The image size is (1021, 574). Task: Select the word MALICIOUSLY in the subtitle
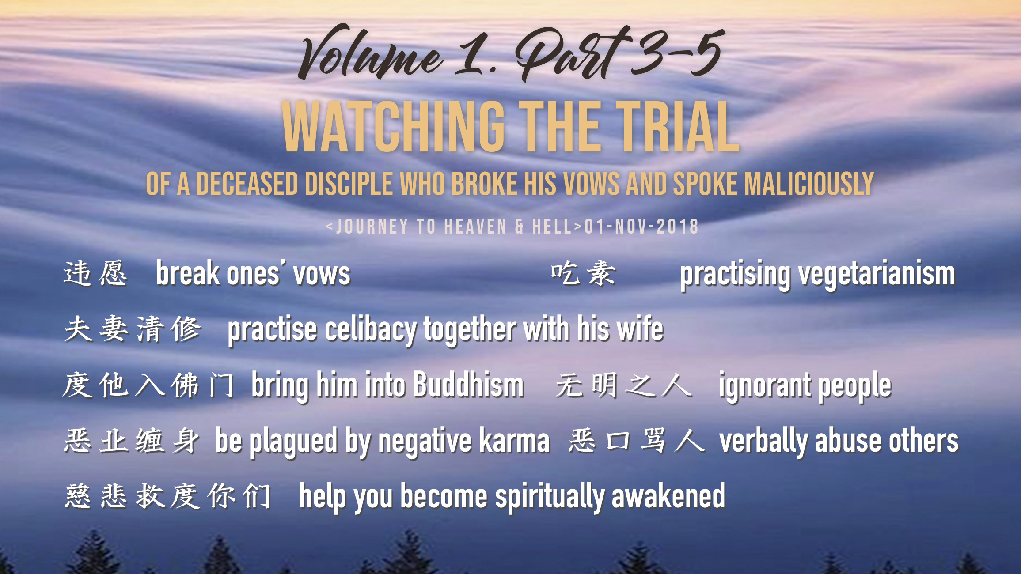click(x=809, y=184)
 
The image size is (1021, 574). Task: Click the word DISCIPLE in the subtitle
click(x=349, y=184)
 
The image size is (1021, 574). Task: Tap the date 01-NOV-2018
click(x=641, y=227)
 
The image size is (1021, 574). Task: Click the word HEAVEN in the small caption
click(x=475, y=227)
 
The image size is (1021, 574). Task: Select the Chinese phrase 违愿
click(x=95, y=273)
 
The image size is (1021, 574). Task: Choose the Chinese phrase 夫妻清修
click(x=133, y=329)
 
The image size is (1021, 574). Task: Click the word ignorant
click(x=764, y=386)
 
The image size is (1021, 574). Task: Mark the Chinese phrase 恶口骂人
click(x=637, y=441)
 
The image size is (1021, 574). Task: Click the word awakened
click(x=668, y=496)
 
